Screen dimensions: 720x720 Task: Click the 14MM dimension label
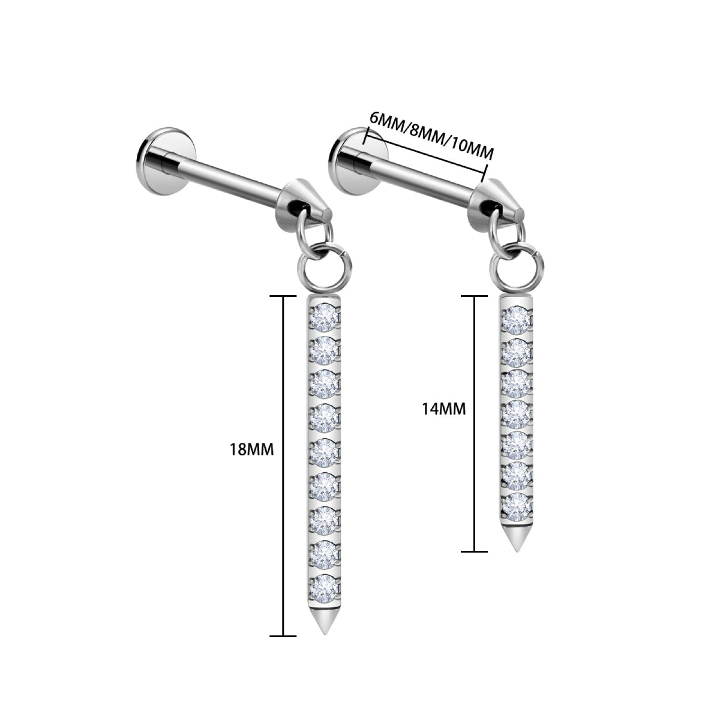443,409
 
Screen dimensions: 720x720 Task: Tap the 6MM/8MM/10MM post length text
431,138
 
